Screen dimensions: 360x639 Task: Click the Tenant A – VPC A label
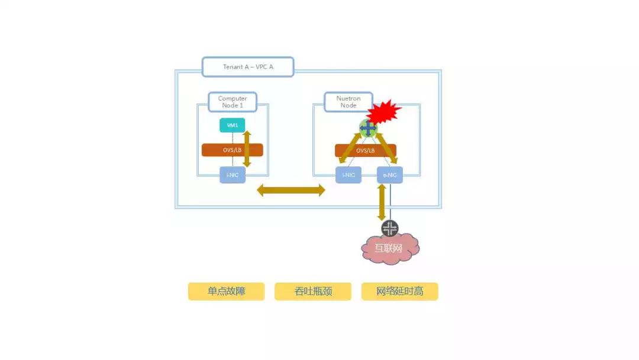click(x=248, y=67)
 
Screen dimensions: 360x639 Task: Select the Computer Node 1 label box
click(x=233, y=102)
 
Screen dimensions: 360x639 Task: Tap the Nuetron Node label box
click(x=348, y=102)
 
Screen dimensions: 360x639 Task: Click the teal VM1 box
click(x=232, y=126)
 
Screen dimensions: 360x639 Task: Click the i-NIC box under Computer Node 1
click(x=232, y=175)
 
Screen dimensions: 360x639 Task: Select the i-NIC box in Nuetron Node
click(x=348, y=175)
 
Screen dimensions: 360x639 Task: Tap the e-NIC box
click(x=390, y=175)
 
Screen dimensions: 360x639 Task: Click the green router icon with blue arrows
click(x=368, y=127)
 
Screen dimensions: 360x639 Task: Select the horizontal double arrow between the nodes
click(x=291, y=190)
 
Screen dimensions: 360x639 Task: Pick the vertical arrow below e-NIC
click(x=382, y=202)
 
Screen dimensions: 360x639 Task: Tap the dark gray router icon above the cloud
click(x=390, y=229)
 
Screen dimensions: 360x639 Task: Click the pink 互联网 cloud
click(x=390, y=249)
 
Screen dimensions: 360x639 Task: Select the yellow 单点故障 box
click(x=226, y=291)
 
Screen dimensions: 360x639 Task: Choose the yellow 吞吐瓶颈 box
click(x=312, y=291)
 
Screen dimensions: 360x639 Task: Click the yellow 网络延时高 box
click(x=399, y=291)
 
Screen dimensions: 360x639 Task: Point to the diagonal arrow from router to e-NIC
click(x=386, y=149)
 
